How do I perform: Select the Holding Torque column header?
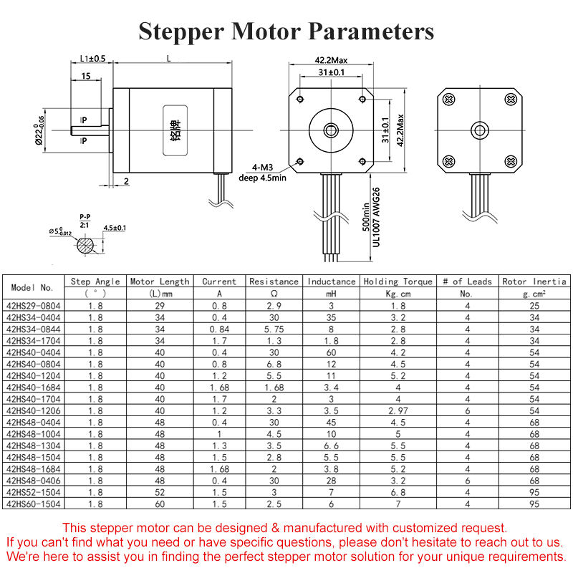[398, 281]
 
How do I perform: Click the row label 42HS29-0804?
[34, 305]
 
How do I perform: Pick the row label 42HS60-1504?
[34, 505]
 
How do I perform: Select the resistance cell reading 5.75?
[274, 329]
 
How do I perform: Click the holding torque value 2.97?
[398, 410]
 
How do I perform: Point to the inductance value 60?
[332, 352]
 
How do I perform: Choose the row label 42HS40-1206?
[34, 410]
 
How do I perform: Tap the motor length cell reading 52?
[160, 493]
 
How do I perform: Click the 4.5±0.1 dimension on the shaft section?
[115, 228]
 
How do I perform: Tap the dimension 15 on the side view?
[86, 76]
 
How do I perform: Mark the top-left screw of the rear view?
[448, 99]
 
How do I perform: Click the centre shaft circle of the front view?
[331, 130]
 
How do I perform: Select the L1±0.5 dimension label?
[92, 58]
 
